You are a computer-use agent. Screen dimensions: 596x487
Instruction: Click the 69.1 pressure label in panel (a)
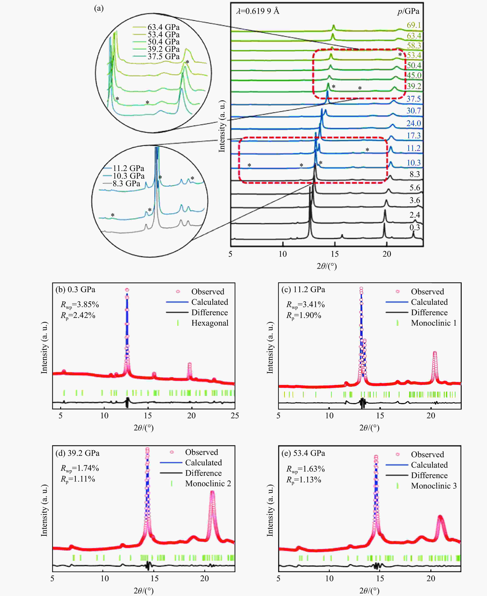[x=414, y=25]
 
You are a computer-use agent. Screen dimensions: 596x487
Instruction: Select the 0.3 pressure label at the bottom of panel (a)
[x=415, y=227]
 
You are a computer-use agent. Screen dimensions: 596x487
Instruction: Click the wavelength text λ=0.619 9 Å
[x=258, y=11]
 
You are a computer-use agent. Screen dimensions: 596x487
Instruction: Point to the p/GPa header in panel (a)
[x=408, y=11]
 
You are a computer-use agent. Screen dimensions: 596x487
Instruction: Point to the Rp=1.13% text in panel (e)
[x=304, y=480]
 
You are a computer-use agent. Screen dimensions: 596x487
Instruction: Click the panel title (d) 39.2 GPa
[x=77, y=453]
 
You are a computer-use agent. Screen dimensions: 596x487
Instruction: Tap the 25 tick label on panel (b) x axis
[x=234, y=416]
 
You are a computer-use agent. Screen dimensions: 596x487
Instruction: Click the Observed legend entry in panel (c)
[x=427, y=291]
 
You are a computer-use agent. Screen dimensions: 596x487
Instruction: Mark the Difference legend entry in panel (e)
[x=429, y=475]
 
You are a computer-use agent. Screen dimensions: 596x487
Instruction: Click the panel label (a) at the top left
[x=99, y=8]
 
